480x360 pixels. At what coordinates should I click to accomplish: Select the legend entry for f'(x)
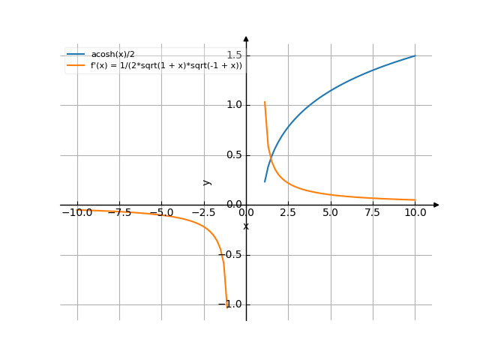(x=166, y=65)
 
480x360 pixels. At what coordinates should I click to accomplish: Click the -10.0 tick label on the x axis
(x=76, y=213)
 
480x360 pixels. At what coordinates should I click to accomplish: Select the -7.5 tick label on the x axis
(x=118, y=213)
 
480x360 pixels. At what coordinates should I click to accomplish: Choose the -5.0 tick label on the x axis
(x=160, y=213)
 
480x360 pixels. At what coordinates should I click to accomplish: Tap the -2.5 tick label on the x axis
(x=202, y=213)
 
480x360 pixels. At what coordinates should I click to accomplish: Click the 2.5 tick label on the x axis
(x=288, y=213)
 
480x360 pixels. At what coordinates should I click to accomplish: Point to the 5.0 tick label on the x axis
(x=330, y=213)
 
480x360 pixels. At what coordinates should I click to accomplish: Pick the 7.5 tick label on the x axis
(x=373, y=213)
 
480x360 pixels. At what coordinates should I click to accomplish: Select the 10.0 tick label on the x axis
(x=415, y=213)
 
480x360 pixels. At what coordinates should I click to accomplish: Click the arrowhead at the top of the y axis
(x=246, y=38)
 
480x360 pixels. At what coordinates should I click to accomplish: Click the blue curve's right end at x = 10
(x=415, y=55)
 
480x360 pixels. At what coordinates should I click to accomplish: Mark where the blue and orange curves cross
(x=271, y=157)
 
